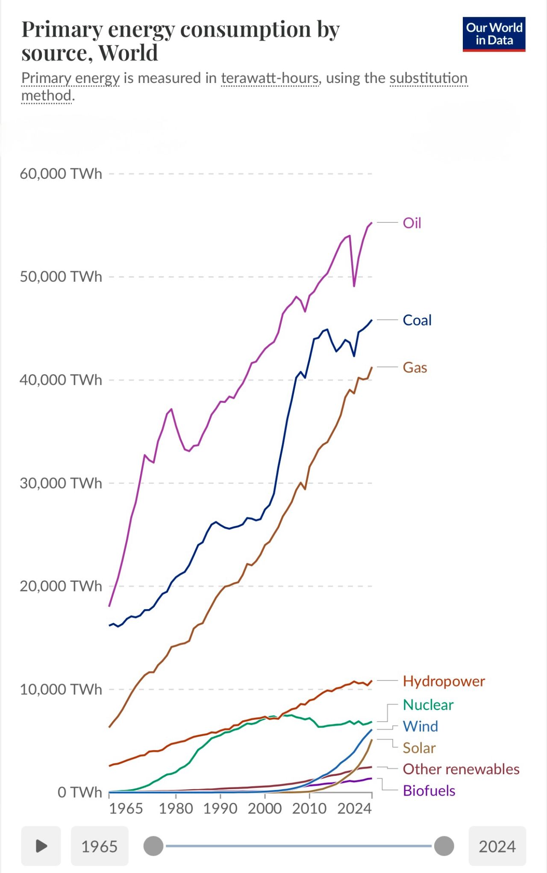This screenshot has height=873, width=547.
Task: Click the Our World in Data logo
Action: pos(494,34)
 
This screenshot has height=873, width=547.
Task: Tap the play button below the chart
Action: pos(41,846)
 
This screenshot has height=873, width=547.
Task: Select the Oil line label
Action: pos(412,223)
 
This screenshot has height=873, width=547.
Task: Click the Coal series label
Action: pos(417,320)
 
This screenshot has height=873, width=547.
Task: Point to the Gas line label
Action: pos(415,367)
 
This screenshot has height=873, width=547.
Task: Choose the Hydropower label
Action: pos(444,681)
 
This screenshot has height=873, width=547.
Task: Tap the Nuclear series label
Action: pos(428,704)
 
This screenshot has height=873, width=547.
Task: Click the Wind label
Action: pos(420,726)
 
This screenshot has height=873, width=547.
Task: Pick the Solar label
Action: pos(419,748)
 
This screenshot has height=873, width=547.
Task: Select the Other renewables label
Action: pos(461,769)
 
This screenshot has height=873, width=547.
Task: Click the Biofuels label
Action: pos(429,790)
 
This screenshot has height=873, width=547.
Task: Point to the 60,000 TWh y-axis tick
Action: pos(61,174)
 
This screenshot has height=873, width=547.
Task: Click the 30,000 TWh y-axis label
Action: pos(61,483)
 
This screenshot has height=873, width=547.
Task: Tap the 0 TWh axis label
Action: pos(79,792)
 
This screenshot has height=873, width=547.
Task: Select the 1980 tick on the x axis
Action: pos(176,808)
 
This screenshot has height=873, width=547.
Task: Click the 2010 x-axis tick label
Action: pos(309,808)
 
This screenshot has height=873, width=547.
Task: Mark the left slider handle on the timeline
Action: pos(153,846)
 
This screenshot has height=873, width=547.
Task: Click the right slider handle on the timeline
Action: pos(444,846)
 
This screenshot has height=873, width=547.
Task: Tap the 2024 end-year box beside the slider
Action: pos(497,846)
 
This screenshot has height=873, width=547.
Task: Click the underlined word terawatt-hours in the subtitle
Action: pos(270,78)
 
